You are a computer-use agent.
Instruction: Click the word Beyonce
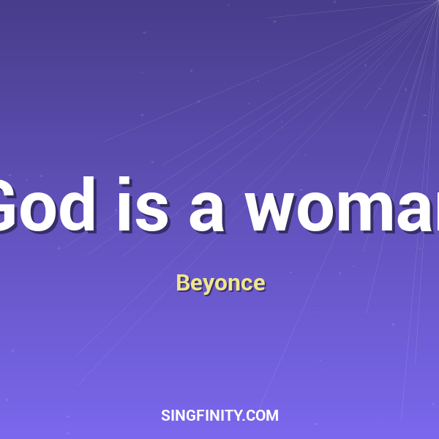point(220,283)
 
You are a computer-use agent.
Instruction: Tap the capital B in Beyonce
point(182,283)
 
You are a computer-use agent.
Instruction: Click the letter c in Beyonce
point(245,285)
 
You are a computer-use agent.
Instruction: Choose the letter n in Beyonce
point(232,285)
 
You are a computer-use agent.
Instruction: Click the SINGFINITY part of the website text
point(202,416)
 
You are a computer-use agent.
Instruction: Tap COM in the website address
point(263,416)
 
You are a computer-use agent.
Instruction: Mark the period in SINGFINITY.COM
point(245,420)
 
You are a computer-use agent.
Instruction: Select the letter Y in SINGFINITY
point(239,416)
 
